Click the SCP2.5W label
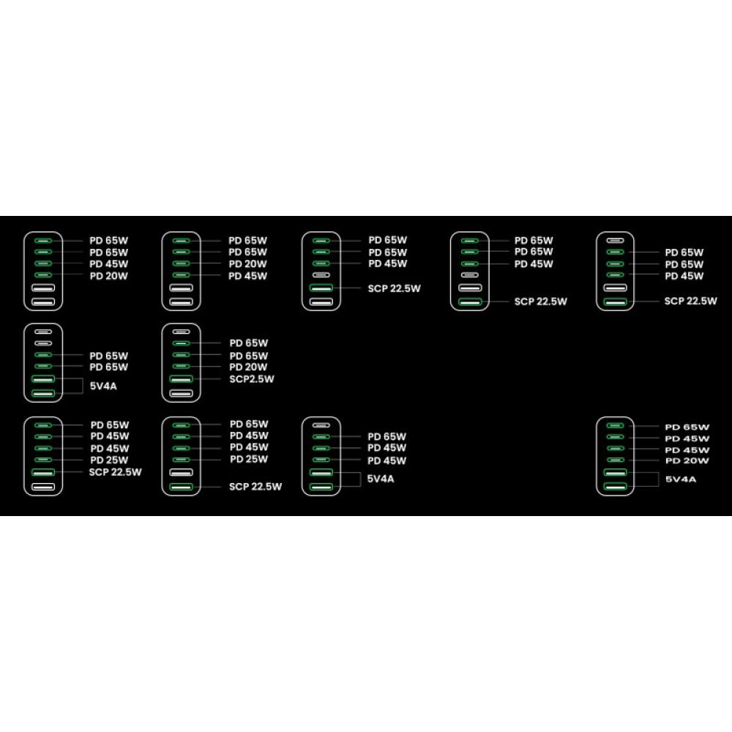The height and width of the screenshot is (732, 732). click(252, 379)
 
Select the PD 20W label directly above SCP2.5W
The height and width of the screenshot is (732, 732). click(248, 367)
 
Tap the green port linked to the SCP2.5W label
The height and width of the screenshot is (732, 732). click(181, 379)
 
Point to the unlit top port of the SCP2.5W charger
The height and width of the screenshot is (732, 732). click(181, 332)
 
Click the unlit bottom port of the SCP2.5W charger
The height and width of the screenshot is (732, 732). click(181, 394)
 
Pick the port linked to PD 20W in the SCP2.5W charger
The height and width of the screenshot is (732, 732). click(181, 366)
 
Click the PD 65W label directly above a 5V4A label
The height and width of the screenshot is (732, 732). click(109, 367)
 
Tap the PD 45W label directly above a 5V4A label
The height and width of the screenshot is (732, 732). click(386, 460)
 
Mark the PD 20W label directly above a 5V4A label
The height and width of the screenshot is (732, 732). click(687, 460)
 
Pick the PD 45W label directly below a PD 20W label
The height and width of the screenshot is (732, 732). click(247, 276)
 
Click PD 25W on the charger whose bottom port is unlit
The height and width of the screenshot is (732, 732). click(109, 460)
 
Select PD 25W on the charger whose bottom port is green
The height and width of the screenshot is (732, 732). click(248, 459)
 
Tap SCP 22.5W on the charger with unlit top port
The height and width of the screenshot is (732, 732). click(690, 301)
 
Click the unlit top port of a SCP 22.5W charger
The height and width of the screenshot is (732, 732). click(615, 240)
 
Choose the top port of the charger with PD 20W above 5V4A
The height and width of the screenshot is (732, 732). click(615, 425)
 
